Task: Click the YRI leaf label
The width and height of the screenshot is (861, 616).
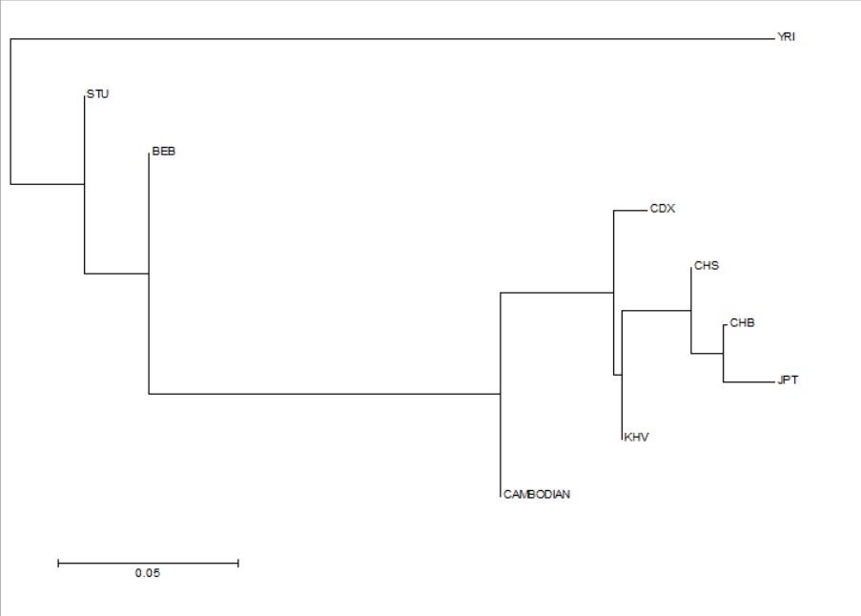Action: point(786,37)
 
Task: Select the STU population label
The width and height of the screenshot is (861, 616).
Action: point(98,93)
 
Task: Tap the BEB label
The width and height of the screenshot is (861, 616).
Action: point(164,151)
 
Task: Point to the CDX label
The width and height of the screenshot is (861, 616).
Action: point(663,209)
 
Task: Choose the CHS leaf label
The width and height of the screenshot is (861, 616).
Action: point(707,266)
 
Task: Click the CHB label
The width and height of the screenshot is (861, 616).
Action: point(742,323)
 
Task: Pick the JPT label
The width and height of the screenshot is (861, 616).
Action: point(788,380)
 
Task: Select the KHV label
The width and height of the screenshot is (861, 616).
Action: point(636,437)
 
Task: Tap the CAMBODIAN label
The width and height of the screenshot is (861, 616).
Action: point(537,494)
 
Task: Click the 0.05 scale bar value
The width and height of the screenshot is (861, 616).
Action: point(148,573)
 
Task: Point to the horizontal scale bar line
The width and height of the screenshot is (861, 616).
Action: point(148,563)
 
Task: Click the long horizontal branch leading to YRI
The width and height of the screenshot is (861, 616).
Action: point(392,39)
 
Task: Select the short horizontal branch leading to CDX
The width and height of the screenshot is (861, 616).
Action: point(630,211)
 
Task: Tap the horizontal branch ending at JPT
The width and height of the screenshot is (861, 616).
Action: point(748,382)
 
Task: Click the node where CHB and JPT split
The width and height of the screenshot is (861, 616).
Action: point(723,354)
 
